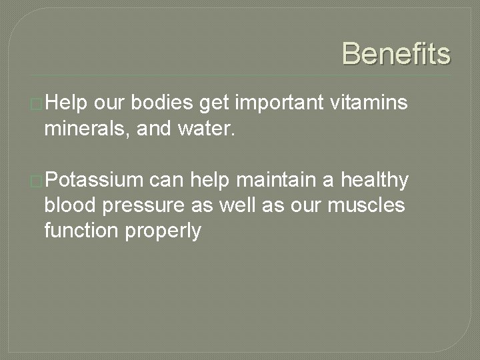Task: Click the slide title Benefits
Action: [x=396, y=53]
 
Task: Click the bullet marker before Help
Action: [x=39, y=103]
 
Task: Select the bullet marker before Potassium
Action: [x=39, y=181]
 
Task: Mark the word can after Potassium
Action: [x=167, y=181]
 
